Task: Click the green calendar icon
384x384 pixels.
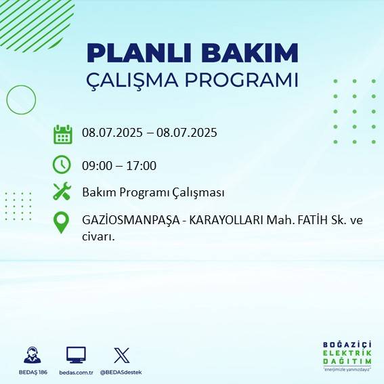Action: coord(62,134)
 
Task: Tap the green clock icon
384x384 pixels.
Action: coord(62,164)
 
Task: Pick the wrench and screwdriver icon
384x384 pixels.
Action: coord(62,192)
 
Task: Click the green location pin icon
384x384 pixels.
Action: coord(62,222)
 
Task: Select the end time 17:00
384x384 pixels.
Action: coord(142,165)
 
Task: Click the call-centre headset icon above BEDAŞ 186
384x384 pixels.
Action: coord(32,356)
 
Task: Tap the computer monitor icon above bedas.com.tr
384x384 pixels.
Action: coord(76,355)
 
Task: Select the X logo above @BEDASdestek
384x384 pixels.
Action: coord(121,355)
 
